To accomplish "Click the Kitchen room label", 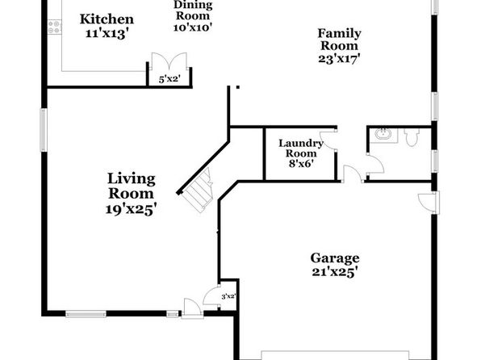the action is [x=107, y=19].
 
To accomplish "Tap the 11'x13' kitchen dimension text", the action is [x=107, y=33].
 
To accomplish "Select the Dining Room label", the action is [x=193, y=10].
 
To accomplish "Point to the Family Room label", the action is [x=339, y=40].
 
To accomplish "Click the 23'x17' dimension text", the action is [x=339, y=58].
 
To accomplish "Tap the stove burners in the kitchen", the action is [x=54, y=27].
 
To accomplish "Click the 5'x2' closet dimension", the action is [x=169, y=79].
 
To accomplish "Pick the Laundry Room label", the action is [x=300, y=149].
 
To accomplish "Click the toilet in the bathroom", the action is [x=412, y=137].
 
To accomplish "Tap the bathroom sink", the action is [x=383, y=135].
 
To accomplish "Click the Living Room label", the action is [x=132, y=186].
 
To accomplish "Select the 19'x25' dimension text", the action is [x=132, y=209].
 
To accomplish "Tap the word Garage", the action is [x=335, y=258].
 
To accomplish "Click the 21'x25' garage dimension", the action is [x=335, y=272].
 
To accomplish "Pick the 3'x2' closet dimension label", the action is [x=228, y=296].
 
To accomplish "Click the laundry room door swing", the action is [x=328, y=140].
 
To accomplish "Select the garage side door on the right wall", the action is [x=429, y=202].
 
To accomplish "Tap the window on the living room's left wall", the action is [x=44, y=130].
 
